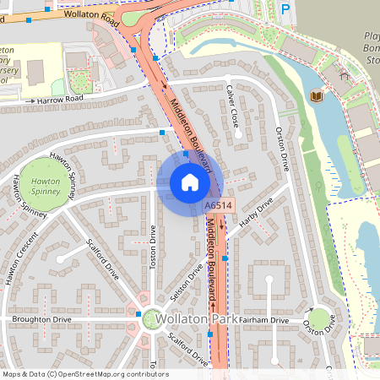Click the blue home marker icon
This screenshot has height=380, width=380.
(190, 182)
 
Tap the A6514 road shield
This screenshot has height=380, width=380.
(217, 205)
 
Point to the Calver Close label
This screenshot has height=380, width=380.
(233, 106)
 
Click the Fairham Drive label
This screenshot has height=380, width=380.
(263, 321)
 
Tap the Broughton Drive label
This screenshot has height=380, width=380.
(41, 320)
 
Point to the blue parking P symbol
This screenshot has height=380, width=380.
(285, 9)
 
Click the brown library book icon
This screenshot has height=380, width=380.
(317, 97)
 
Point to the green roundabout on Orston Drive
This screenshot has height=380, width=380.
(319, 318)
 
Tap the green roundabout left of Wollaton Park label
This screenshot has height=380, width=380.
(153, 318)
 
